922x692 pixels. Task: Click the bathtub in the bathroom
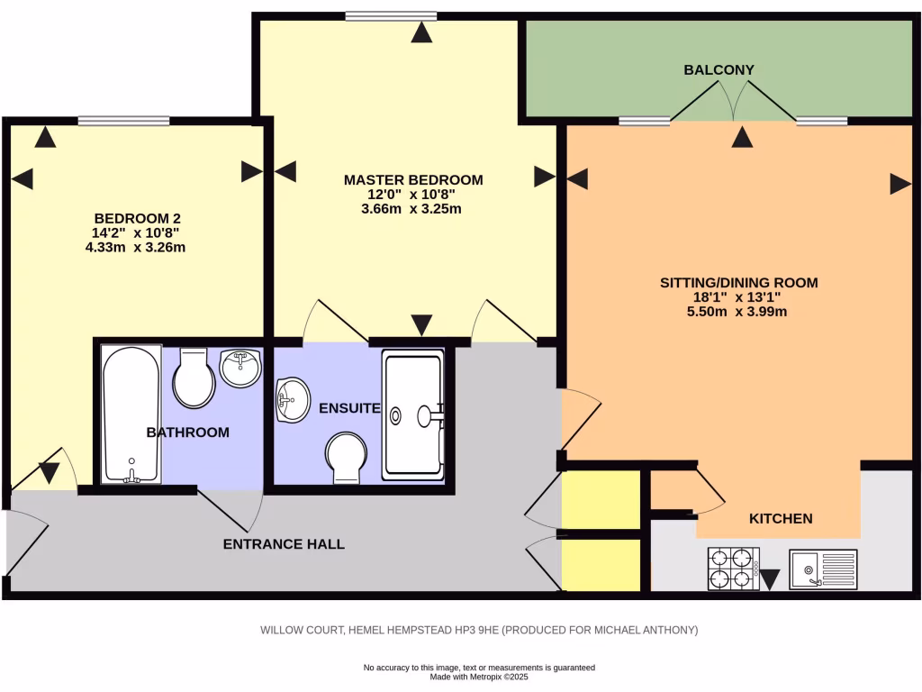coord(131,414)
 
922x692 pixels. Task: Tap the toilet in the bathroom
coord(194,378)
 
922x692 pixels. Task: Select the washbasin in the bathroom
coord(240,369)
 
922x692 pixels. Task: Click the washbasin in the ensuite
coord(293,400)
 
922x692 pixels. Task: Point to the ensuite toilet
coord(347,458)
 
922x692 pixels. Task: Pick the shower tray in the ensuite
coord(413,414)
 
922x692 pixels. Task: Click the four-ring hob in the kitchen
coord(734,569)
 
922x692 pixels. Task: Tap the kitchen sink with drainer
coord(823,569)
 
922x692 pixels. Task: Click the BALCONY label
coord(719,70)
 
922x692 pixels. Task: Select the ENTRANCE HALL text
coord(284,544)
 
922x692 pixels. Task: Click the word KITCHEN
coord(781,518)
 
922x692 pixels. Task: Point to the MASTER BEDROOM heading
coord(413,180)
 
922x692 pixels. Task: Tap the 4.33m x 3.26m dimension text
coord(135,247)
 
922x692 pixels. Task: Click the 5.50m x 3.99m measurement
coord(737,312)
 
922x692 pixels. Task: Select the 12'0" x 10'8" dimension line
coord(411,195)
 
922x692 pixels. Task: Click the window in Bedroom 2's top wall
coord(124,122)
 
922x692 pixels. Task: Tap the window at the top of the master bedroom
coord(391,16)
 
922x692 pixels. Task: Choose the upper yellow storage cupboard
coord(601,499)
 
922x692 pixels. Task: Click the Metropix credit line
coord(479,678)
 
